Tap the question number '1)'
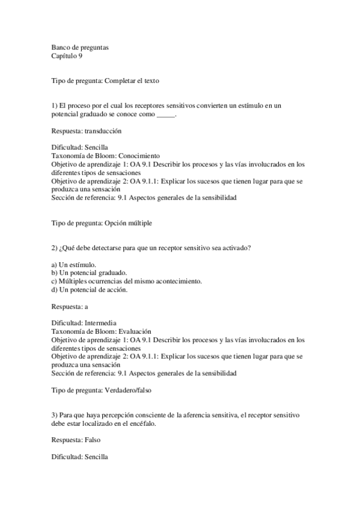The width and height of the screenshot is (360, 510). pyautogui.click(x=55, y=105)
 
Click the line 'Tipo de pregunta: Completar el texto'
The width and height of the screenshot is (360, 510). pyautogui.click(x=105, y=80)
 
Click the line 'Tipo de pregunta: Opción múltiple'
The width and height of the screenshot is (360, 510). pyautogui.click(x=102, y=223)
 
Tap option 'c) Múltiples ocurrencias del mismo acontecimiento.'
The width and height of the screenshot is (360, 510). pyautogui.click(x=127, y=281)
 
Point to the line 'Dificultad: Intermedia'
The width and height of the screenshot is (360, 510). pyautogui.click(x=84, y=322)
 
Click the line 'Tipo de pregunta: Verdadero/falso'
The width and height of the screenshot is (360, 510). pyautogui.click(x=102, y=390)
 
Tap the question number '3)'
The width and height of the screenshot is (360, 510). pyautogui.click(x=55, y=415)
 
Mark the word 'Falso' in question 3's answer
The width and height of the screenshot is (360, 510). pyautogui.click(x=93, y=440)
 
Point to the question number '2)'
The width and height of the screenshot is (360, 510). pyautogui.click(x=55, y=247)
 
